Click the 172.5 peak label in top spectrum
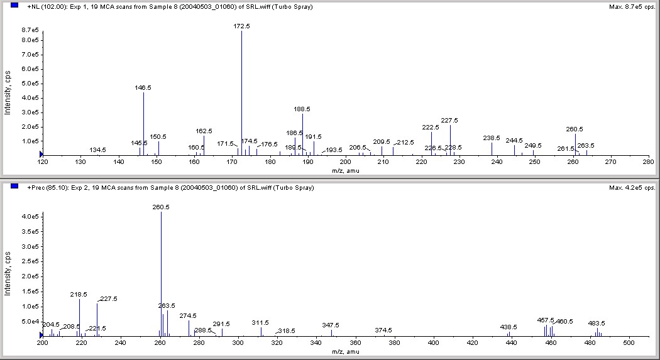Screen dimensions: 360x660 242,26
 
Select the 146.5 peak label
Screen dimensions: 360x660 143,88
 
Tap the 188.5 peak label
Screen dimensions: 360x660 302,109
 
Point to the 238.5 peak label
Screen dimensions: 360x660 492,138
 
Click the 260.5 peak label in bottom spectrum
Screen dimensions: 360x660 161,207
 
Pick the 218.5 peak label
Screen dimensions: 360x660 79,294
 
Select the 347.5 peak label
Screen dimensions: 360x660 331,325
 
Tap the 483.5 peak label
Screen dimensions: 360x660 597,323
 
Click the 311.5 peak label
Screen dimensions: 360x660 260,322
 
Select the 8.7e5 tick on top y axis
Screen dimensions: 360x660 30,30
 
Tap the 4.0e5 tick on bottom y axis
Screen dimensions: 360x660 30,216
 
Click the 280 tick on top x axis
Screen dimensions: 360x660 649,162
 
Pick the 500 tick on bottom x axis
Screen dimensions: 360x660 629,343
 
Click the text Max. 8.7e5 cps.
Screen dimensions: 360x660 633,7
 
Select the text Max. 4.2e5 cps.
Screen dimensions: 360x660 633,188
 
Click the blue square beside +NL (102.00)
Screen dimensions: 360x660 14,6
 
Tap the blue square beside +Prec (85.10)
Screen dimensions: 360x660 14,187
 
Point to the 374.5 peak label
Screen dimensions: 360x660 383,330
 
